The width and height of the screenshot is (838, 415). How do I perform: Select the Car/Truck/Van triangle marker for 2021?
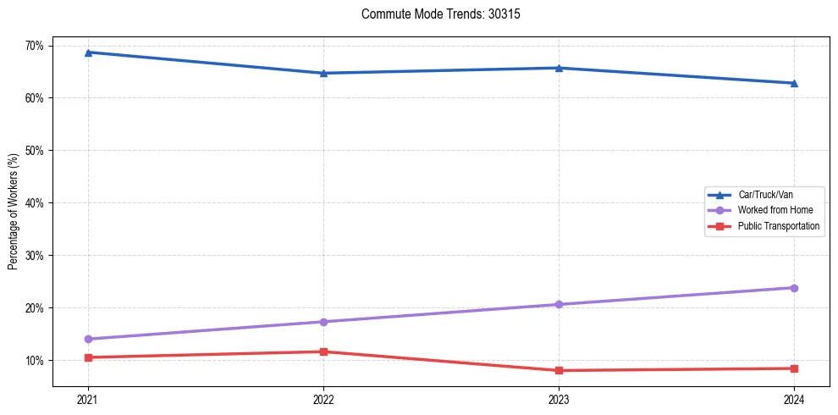click(88, 53)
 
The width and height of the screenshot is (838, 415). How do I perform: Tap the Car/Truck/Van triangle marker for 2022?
click(323, 73)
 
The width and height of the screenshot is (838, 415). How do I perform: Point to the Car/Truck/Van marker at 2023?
click(559, 68)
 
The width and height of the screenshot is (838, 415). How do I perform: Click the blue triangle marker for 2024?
click(794, 83)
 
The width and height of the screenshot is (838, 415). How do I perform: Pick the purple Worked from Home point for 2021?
click(88, 339)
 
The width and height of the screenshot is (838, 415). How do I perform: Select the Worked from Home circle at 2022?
click(323, 322)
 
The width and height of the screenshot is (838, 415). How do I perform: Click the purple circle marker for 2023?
click(559, 304)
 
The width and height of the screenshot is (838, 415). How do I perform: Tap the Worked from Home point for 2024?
click(794, 288)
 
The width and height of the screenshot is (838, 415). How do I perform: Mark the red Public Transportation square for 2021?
click(88, 357)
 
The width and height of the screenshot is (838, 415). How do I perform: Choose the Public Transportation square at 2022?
click(323, 351)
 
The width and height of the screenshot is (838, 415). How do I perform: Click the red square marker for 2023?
click(559, 370)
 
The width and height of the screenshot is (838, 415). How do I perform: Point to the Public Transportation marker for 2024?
click(794, 368)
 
